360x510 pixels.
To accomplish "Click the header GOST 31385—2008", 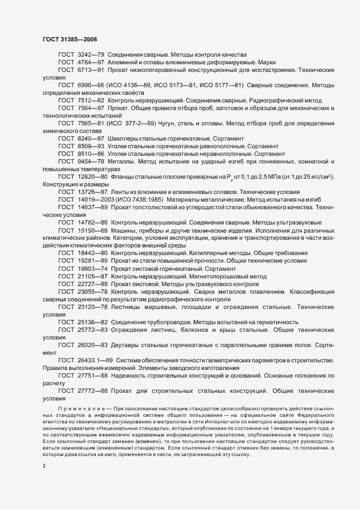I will (70, 39).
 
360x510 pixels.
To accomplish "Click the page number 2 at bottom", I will (44, 467).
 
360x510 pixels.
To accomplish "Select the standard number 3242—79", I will (91, 55).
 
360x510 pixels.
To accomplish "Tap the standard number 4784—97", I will (91, 63).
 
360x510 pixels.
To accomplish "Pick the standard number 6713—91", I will (91, 70).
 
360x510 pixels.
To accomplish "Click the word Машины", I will (125, 230).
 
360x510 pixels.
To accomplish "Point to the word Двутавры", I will (126, 345).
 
